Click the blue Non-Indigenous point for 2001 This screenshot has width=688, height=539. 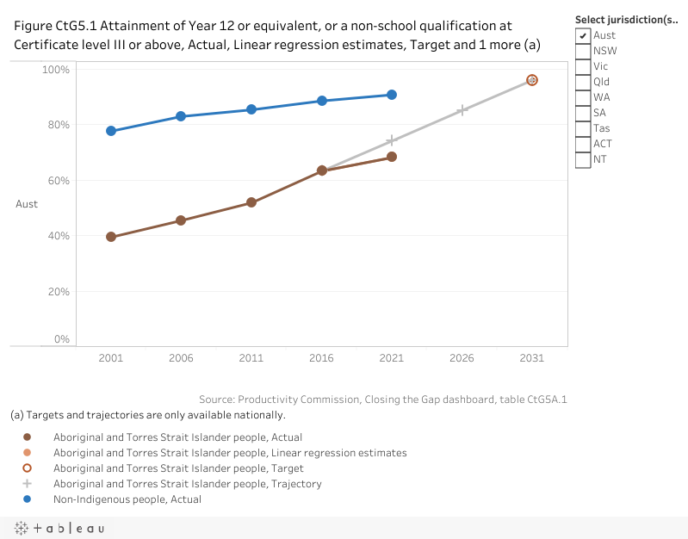[x=111, y=131]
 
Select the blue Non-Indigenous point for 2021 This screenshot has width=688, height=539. [x=392, y=95]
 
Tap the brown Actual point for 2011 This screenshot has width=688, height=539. [x=251, y=202]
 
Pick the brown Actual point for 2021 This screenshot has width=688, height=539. [x=392, y=157]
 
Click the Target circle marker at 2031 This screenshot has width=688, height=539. [x=532, y=80]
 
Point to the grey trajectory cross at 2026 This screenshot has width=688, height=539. [x=462, y=110]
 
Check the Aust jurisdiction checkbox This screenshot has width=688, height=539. [x=584, y=35]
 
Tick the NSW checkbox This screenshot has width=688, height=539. [x=584, y=51]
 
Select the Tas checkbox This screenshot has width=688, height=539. [x=584, y=128]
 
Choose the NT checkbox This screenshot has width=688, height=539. [x=584, y=159]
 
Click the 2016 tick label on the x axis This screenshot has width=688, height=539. [x=321, y=358]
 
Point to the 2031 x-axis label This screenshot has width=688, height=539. [x=532, y=358]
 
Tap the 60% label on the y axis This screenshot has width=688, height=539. [x=59, y=181]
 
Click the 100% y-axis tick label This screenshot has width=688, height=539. [x=56, y=69]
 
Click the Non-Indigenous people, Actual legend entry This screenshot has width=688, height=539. [x=127, y=499]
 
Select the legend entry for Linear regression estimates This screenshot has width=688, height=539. [x=230, y=453]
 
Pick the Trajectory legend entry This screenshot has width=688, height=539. [x=188, y=484]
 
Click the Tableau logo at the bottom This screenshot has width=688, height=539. [x=59, y=528]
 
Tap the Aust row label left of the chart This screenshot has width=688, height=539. [x=27, y=204]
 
